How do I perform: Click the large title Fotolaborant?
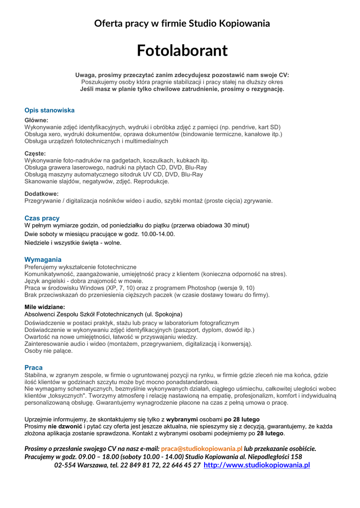(x=182, y=50)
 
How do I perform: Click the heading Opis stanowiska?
(x=50, y=110)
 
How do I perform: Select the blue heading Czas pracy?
(x=42, y=218)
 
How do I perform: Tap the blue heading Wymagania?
(x=43, y=259)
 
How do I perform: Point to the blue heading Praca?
(x=34, y=368)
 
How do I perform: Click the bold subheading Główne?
(x=37, y=120)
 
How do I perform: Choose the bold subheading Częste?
(x=35, y=153)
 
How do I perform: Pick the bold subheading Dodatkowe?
(x=42, y=193)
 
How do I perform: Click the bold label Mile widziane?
(x=45, y=307)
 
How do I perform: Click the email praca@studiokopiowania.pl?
(x=202, y=448)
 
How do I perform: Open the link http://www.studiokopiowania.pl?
(x=257, y=465)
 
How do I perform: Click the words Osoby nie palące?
(x=49, y=351)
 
